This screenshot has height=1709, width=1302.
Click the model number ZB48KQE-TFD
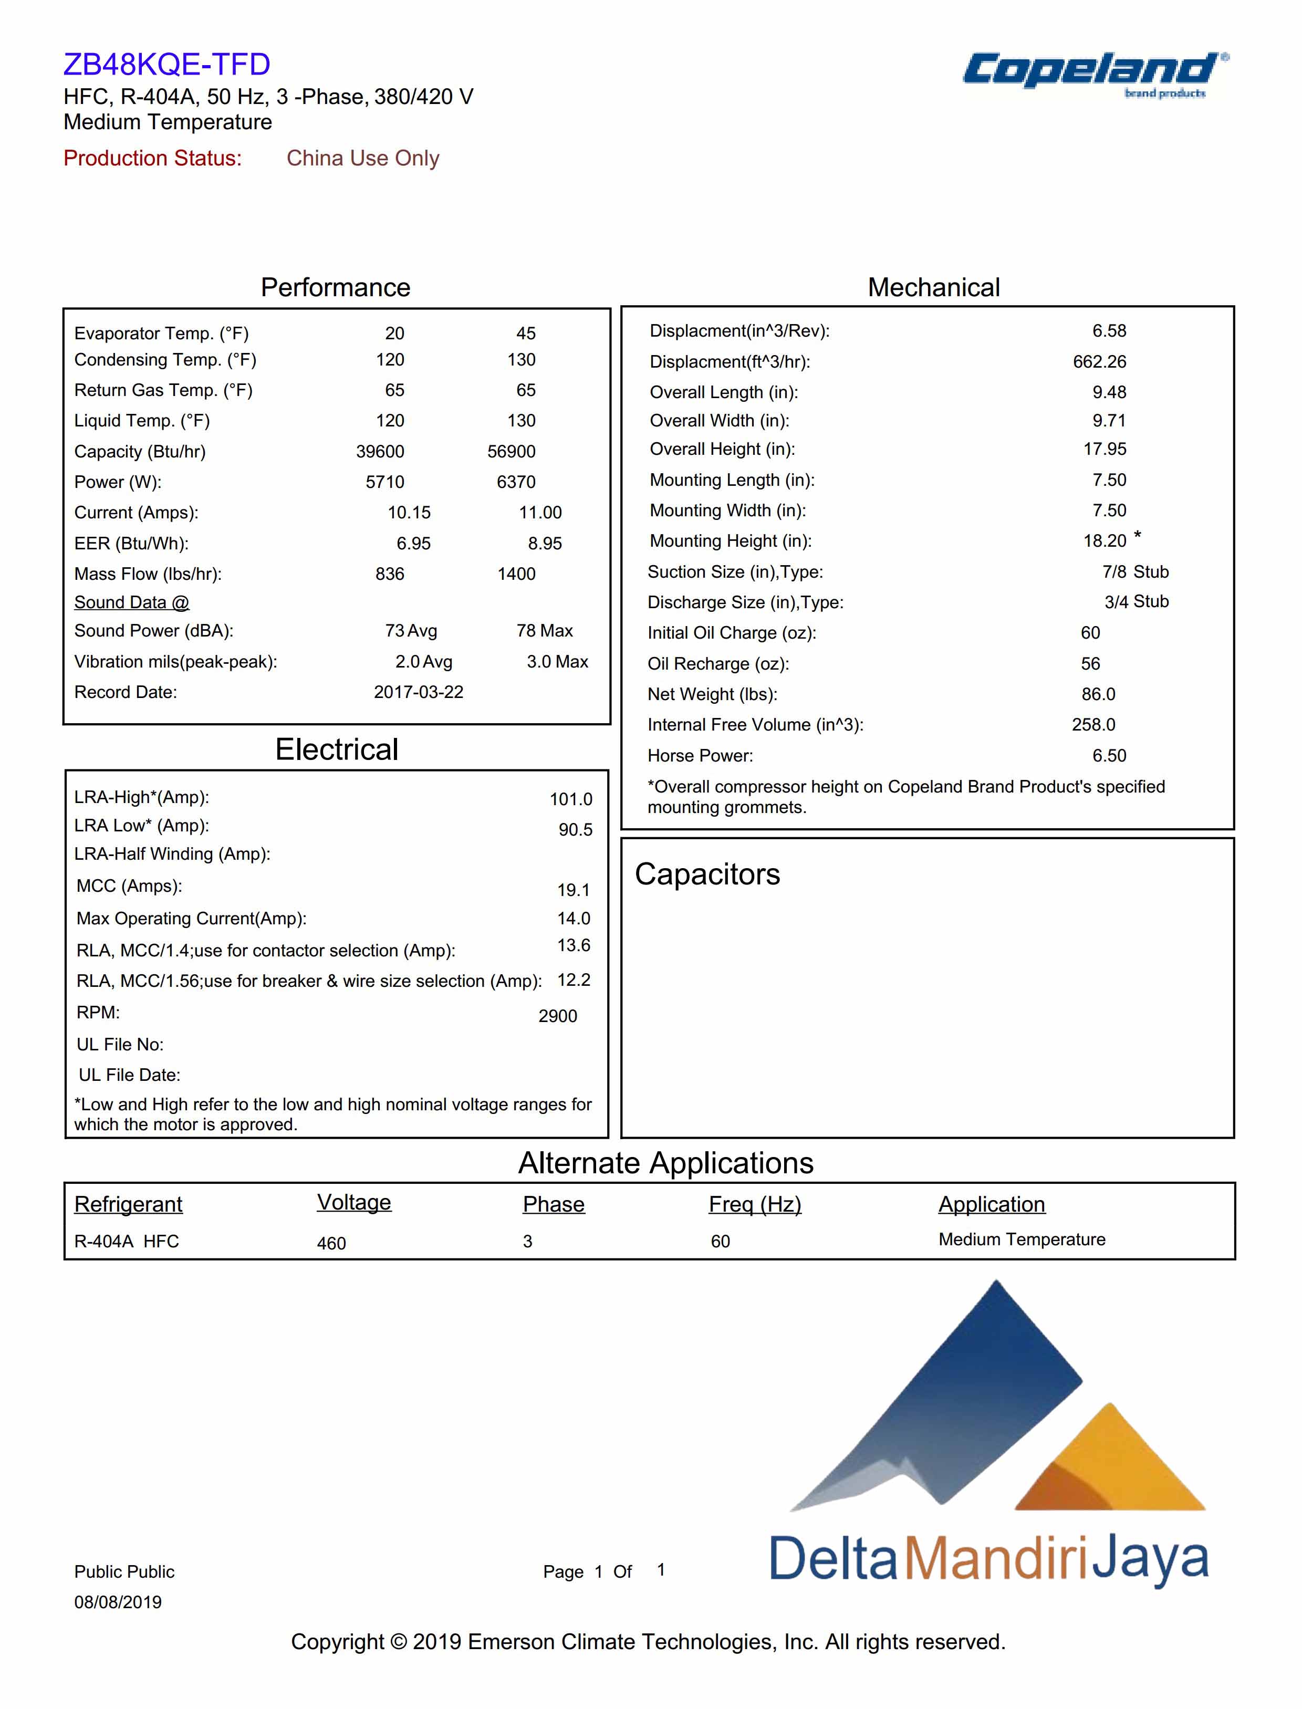click(x=166, y=64)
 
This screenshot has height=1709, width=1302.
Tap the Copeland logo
click(x=1093, y=71)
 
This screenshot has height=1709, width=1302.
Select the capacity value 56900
click(x=512, y=452)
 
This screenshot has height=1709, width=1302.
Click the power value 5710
click(x=385, y=482)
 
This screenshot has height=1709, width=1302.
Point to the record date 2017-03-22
click(x=419, y=692)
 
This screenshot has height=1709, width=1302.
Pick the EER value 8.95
click(x=545, y=543)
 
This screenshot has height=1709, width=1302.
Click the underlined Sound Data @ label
click(x=132, y=602)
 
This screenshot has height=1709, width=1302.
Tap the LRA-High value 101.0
click(x=571, y=799)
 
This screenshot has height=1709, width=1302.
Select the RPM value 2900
click(x=558, y=1016)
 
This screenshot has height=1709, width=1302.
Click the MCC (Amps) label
click(x=129, y=886)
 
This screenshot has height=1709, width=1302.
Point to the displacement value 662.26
click(x=1100, y=362)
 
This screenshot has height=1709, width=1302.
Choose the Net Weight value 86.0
click(x=1098, y=694)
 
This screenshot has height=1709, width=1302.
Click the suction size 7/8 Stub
click(x=1136, y=572)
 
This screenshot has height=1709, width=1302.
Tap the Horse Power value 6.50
click(x=1109, y=756)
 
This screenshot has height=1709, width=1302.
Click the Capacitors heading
click(x=707, y=874)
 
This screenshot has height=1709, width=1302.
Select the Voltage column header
click(x=354, y=1202)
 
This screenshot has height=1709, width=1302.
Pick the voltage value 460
click(x=332, y=1243)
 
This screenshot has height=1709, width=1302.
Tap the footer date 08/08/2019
click(x=118, y=1602)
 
